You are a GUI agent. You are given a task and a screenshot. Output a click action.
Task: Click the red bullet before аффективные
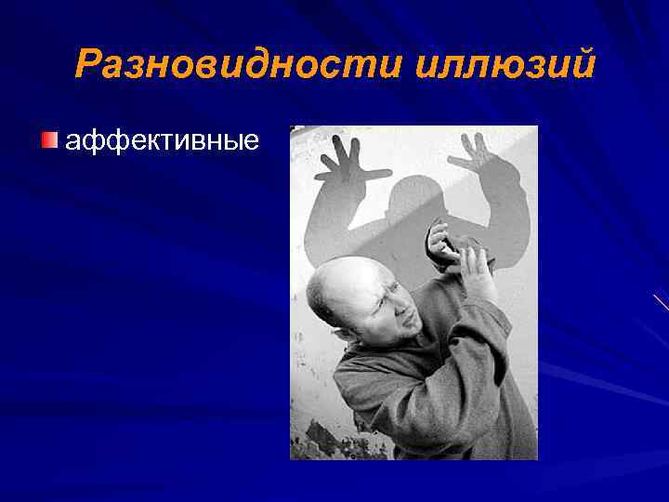[49, 140]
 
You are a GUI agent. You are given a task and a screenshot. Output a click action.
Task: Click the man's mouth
[400, 330]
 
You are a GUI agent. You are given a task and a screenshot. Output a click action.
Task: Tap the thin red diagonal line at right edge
[661, 301]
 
